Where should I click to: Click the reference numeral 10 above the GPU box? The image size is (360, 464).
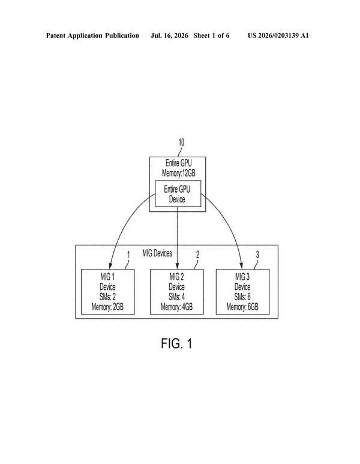[x=181, y=142]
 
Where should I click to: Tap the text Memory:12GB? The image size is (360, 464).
[x=178, y=173]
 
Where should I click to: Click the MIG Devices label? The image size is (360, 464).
[x=157, y=253]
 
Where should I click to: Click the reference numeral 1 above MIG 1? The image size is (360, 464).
[x=128, y=255]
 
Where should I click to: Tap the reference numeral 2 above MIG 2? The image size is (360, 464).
[x=197, y=255]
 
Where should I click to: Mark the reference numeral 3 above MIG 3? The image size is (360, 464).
[x=257, y=255]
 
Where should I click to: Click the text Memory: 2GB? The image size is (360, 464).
[x=107, y=307]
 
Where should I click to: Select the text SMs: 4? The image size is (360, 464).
[x=176, y=297]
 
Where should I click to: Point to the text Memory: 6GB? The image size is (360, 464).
[x=242, y=307]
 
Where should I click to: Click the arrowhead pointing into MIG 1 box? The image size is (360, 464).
[x=110, y=266]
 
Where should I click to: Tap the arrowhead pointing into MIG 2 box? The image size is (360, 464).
[x=177, y=266]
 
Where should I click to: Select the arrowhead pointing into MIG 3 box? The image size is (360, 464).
[x=242, y=266]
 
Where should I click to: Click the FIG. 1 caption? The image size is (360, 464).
[x=176, y=343]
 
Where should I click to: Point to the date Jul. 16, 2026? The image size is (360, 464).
[x=169, y=35]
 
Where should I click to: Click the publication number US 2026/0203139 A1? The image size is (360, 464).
[x=278, y=35]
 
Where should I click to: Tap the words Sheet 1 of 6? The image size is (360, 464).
[x=211, y=35]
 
